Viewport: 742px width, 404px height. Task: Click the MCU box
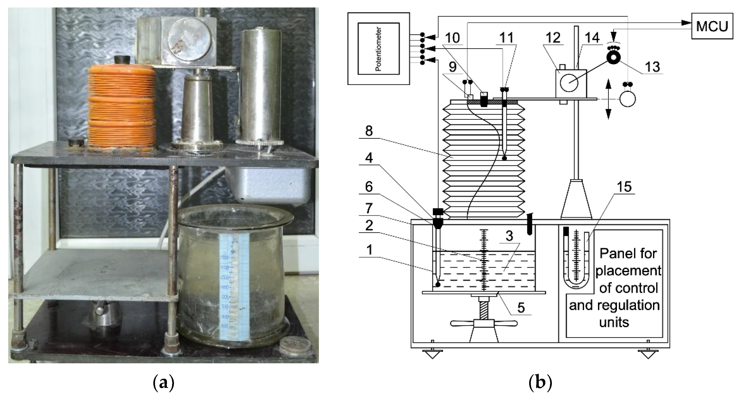point(712,26)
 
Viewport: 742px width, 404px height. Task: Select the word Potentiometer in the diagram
point(378,49)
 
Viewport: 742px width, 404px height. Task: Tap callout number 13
point(652,67)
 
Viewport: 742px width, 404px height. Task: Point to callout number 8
point(369,131)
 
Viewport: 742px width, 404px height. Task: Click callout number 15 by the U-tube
point(624,187)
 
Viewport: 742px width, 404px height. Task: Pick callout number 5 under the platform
point(521,308)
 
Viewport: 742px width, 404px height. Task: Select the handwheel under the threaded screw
point(484,324)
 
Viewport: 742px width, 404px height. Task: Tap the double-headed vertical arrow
point(608,99)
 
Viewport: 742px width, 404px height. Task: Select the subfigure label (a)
point(164,383)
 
